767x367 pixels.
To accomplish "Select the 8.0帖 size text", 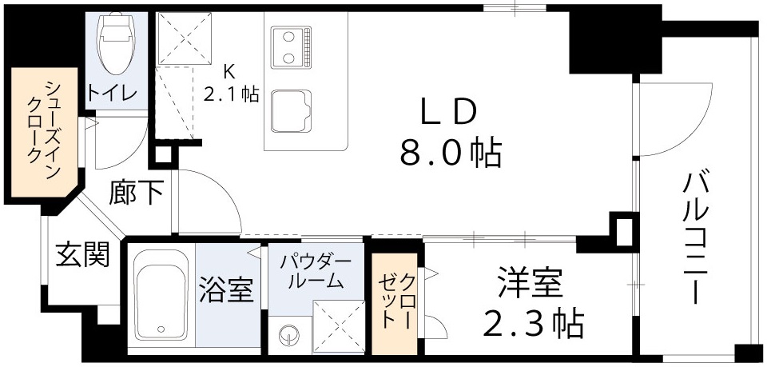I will click(x=450, y=152).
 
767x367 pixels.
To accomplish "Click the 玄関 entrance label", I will click(x=82, y=256).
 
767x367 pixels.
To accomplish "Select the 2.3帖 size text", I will click(x=530, y=323).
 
